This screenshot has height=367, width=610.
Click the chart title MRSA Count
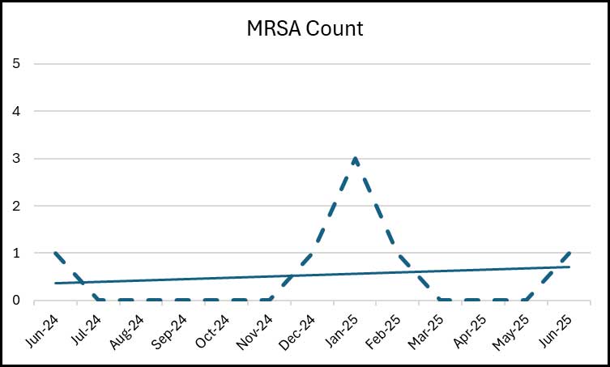(x=305, y=30)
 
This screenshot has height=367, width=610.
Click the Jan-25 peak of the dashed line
(x=356, y=158)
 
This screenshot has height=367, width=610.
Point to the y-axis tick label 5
(x=15, y=63)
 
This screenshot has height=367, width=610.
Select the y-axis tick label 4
(x=15, y=111)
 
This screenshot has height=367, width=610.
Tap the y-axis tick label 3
(x=15, y=158)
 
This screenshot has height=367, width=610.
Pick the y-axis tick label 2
(x=15, y=206)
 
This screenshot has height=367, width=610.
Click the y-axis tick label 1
(x=15, y=253)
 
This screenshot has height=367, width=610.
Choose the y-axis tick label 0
(x=15, y=301)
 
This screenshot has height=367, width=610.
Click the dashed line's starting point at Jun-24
(x=56, y=253)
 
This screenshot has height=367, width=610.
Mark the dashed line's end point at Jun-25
(x=569, y=253)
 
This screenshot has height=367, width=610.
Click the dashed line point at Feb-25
(x=399, y=253)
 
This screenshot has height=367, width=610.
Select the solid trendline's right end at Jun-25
(x=569, y=267)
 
